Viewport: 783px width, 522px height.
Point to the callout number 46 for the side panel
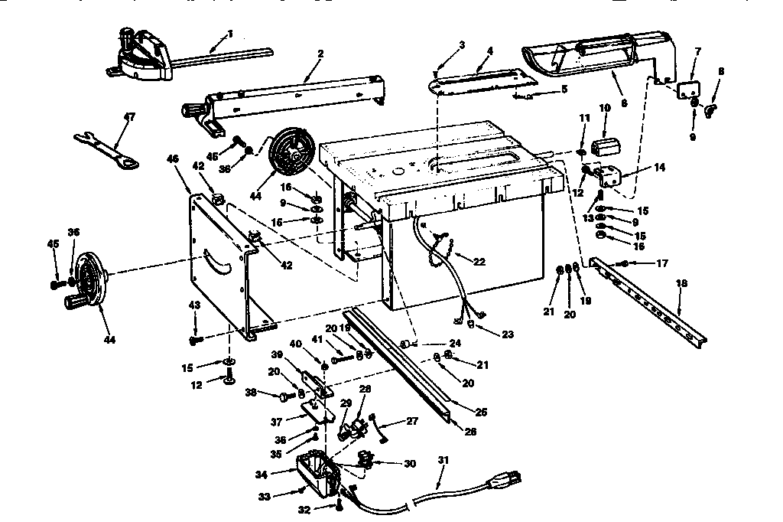(172, 158)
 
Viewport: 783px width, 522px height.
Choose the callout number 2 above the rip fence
(320, 54)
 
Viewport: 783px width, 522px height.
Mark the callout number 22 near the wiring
(479, 261)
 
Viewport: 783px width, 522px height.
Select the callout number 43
(195, 305)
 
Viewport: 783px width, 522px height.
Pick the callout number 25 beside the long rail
(481, 412)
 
